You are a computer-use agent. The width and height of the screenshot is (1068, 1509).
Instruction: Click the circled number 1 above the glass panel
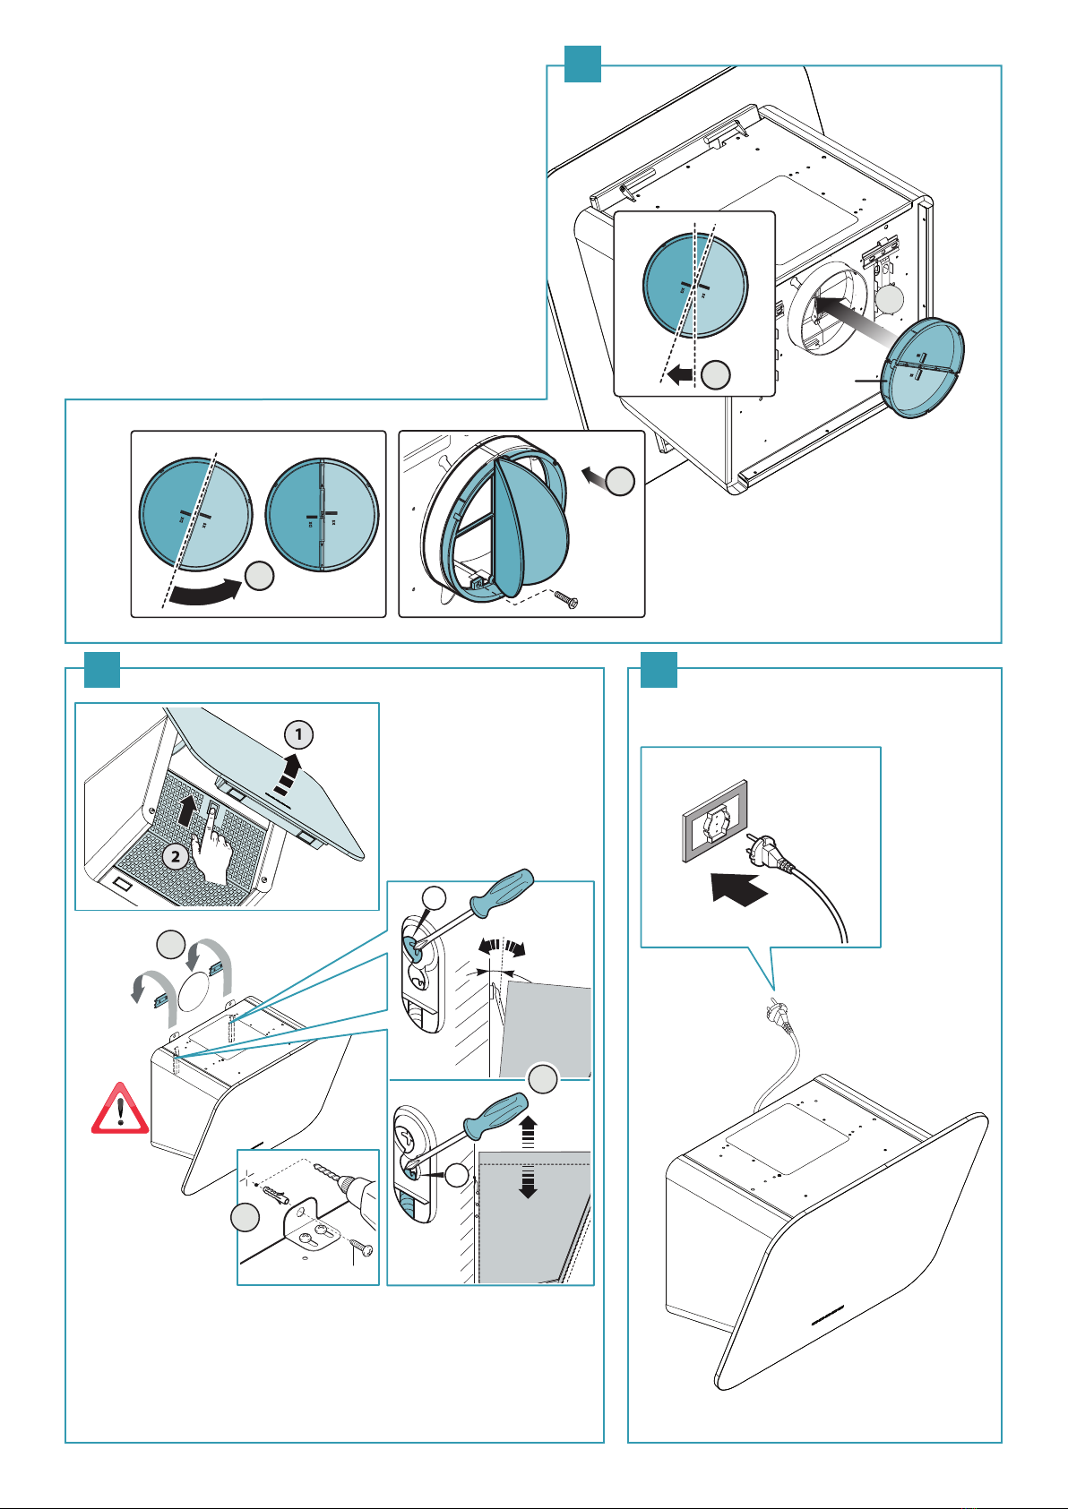coord(298,735)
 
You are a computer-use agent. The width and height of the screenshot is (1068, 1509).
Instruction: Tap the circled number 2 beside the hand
coord(176,856)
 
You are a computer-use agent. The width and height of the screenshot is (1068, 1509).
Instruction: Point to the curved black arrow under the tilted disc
coord(202,595)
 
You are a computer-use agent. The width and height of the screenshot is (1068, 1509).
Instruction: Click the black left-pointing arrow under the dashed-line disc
coord(680,375)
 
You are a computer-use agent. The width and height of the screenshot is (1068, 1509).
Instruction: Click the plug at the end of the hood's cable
coord(772,1015)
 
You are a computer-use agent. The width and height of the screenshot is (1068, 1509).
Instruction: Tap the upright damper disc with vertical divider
coord(323,514)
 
